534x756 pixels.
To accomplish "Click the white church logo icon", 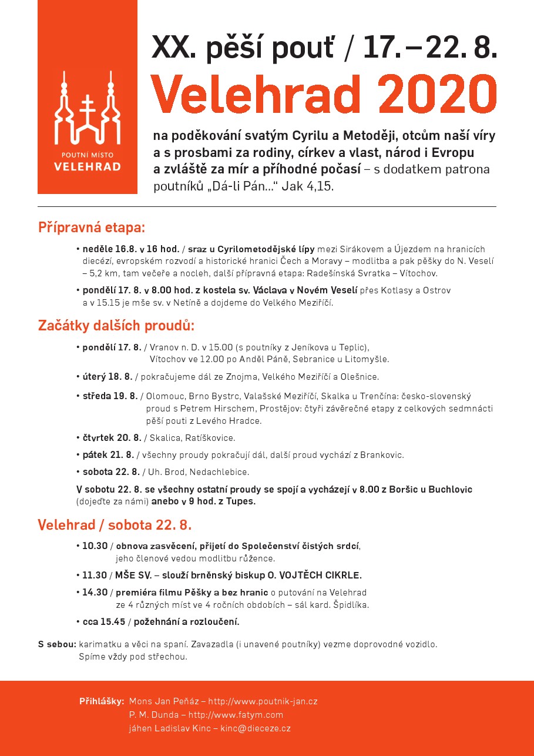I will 87,110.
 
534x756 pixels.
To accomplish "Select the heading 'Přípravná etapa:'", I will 92,228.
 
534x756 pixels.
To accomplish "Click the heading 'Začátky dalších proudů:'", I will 116,325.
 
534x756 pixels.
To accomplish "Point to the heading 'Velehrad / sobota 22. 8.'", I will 115,524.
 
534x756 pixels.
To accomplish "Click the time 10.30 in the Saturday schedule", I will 95,546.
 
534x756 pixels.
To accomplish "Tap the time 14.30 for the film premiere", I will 95,593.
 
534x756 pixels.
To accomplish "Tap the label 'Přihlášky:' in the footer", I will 102,701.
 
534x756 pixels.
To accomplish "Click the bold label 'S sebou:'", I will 57,644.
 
